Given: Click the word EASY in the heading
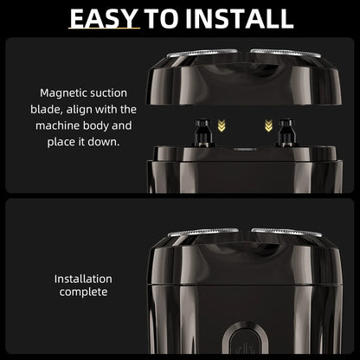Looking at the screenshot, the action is click(x=103, y=19).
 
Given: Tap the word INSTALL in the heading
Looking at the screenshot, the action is click(x=239, y=19).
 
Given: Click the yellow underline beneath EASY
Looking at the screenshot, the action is click(x=104, y=29).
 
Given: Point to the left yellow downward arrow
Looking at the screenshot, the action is click(x=222, y=125).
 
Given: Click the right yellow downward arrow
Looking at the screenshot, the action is click(x=268, y=125).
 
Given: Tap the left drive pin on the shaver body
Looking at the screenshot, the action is click(x=202, y=132).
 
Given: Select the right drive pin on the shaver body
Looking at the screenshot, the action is click(x=286, y=132).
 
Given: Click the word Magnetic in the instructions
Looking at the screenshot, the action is click(x=63, y=93).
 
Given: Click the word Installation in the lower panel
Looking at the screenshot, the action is click(x=83, y=279).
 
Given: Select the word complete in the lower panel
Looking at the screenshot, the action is click(x=83, y=292).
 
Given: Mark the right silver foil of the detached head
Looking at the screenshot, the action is click(x=286, y=53).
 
